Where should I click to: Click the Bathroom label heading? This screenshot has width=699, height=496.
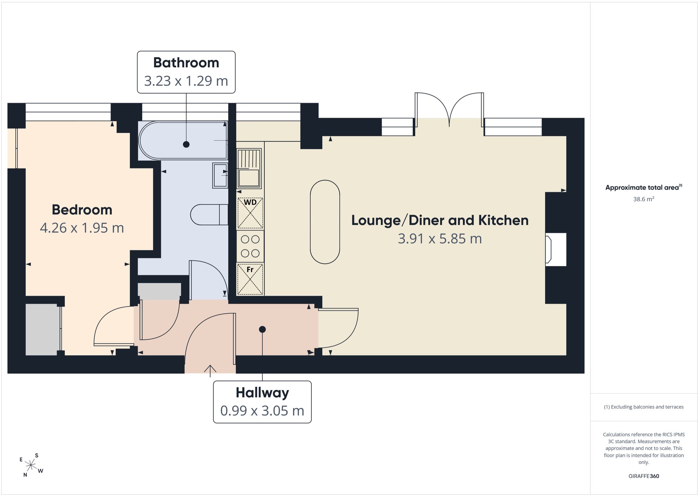click(x=186, y=63)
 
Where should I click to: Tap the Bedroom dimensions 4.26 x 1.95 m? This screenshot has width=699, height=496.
click(x=82, y=228)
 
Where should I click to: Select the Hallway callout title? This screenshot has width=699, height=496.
click(x=262, y=393)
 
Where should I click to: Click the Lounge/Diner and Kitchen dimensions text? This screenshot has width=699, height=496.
click(x=440, y=239)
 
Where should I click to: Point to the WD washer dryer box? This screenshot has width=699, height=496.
click(x=250, y=213)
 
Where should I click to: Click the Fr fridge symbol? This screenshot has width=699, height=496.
click(x=250, y=279)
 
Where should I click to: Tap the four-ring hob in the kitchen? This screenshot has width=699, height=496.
click(x=250, y=246)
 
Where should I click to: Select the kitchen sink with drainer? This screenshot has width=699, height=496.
click(x=249, y=169)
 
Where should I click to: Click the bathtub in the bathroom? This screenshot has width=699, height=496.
click(x=183, y=141)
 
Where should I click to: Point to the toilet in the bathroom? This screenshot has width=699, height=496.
click(x=209, y=215)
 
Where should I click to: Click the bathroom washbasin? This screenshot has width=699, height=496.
click(x=220, y=175)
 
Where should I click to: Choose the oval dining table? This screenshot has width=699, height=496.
click(x=325, y=222)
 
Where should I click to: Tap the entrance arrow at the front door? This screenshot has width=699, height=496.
click(x=210, y=371)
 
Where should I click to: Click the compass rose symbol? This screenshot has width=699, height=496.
click(x=31, y=465)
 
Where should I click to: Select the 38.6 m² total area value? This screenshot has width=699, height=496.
click(x=643, y=199)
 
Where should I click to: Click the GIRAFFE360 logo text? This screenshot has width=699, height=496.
click(x=643, y=476)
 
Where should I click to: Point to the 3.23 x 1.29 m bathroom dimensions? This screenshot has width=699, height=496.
click(x=186, y=81)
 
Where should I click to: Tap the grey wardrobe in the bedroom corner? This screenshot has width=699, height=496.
click(x=42, y=330)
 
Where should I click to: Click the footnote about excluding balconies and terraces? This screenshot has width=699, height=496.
click(x=643, y=407)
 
